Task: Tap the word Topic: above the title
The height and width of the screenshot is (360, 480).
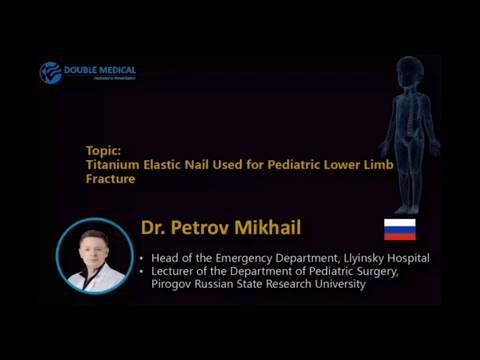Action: click(x=103, y=150)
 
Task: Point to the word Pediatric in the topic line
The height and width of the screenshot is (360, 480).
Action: click(x=302, y=163)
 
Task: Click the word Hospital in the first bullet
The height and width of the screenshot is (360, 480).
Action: click(x=405, y=258)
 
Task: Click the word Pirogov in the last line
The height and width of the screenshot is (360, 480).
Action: click(x=172, y=285)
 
